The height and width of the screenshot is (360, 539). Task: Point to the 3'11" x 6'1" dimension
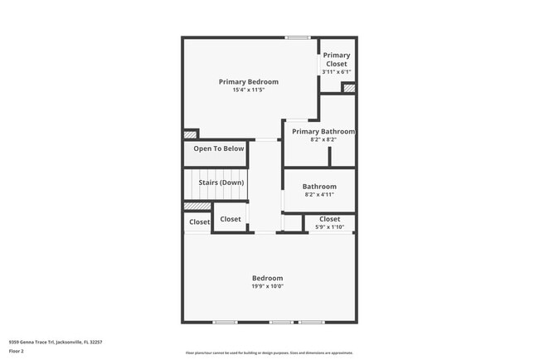point(336,72)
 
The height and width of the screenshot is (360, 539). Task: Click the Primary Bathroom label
point(323,132)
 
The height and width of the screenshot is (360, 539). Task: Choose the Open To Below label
point(219,149)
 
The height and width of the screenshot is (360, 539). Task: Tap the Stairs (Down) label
point(221,182)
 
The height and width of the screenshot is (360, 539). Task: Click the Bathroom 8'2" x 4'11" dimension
point(319,195)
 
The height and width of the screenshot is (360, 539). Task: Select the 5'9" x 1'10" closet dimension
point(329,227)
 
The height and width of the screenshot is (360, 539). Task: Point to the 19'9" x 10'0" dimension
point(268,286)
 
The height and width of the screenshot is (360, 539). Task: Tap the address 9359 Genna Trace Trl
point(54,341)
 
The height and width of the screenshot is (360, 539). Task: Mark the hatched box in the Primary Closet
point(349,88)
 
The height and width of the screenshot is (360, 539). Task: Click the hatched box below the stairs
point(197,207)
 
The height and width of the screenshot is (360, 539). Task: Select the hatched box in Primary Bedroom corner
point(191,134)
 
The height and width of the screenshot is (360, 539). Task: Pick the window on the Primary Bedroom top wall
point(298,37)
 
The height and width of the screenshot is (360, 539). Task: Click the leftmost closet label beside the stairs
point(199,222)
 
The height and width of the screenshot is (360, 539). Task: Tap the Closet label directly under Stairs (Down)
point(230,220)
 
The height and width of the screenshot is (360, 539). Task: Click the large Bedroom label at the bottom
point(268,278)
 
